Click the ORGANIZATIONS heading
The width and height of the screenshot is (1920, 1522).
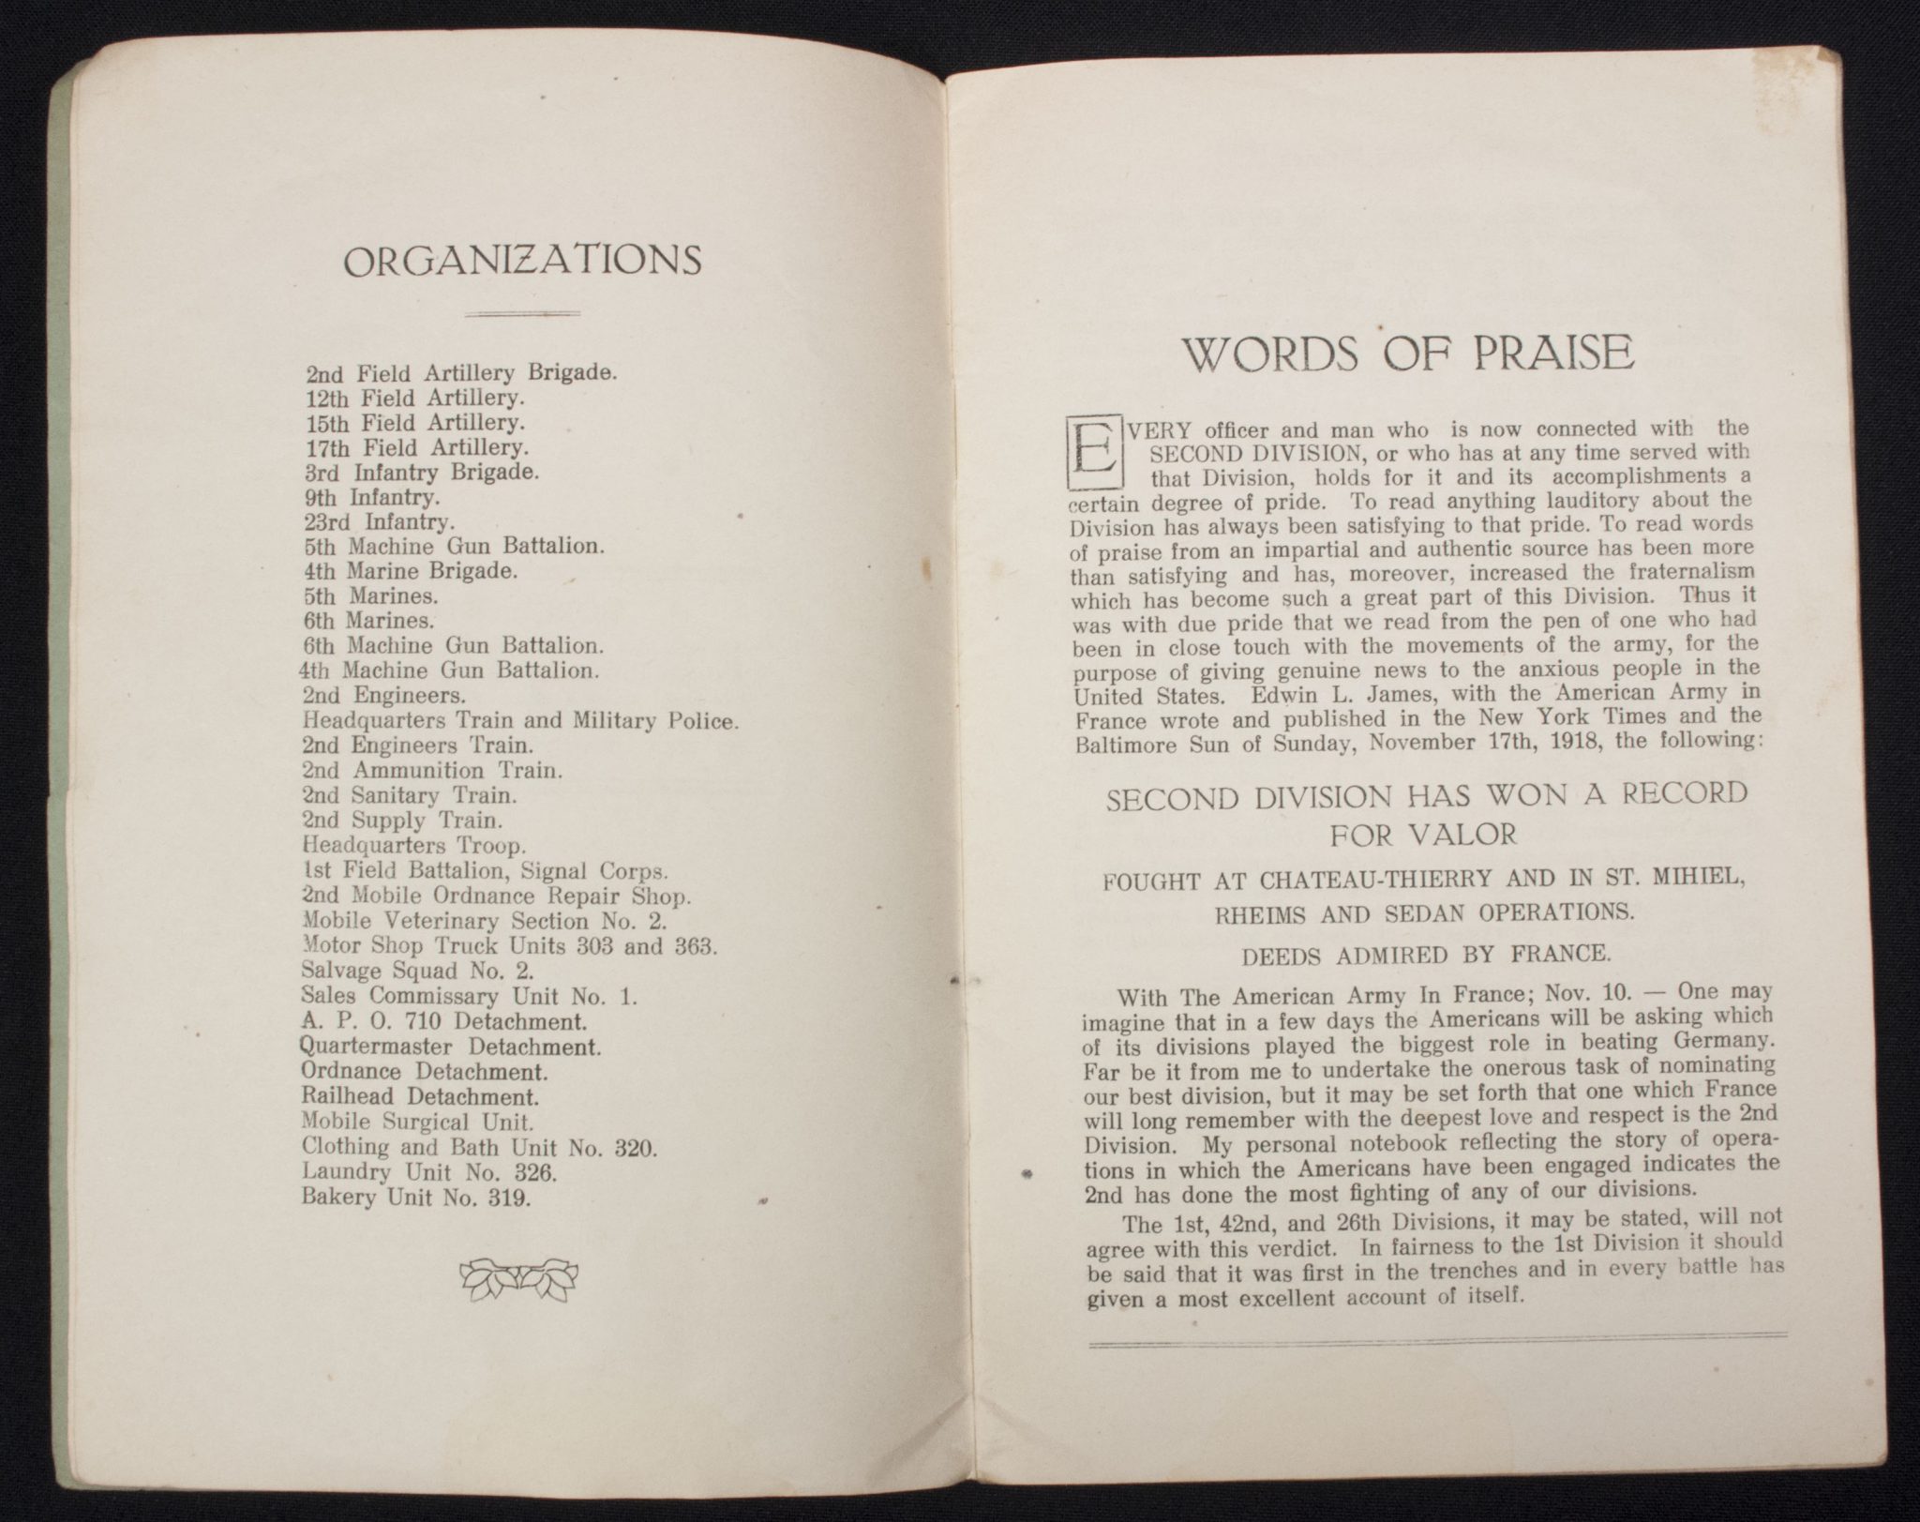[x=523, y=260]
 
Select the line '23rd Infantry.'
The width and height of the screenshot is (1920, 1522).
[x=380, y=521]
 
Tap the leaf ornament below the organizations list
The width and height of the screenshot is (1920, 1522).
[x=518, y=1277]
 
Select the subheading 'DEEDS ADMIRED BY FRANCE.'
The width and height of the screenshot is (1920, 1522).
[x=1425, y=956]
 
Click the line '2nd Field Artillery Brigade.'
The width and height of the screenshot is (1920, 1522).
[x=460, y=372]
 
